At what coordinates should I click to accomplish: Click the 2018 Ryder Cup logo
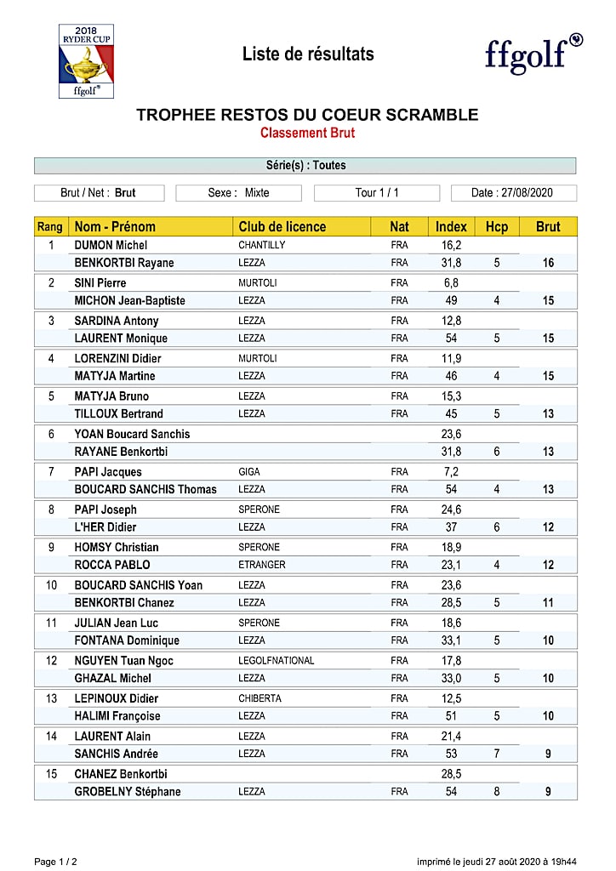coord(86,60)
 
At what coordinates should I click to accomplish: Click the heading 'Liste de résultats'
coord(308,54)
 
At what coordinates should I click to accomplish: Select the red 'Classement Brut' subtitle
coord(307,133)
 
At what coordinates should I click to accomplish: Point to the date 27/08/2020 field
coord(513,193)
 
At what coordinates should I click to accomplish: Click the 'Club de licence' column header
coord(282,226)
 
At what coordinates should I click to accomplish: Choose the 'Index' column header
coord(451,226)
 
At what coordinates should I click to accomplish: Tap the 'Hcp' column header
coord(496,226)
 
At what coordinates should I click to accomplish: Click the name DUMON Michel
coord(111,245)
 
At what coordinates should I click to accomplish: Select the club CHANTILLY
coord(261,245)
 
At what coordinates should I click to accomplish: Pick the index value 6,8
coord(451,282)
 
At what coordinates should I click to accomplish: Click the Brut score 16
coord(548,263)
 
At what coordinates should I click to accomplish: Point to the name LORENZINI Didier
coord(117,358)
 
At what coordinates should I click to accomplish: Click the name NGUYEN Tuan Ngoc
coord(123,660)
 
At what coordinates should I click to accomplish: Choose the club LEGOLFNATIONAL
coord(276,660)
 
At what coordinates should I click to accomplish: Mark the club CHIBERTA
coord(260,698)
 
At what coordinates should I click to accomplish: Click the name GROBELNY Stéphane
coord(128,792)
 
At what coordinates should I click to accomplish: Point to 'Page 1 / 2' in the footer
coord(55,862)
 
